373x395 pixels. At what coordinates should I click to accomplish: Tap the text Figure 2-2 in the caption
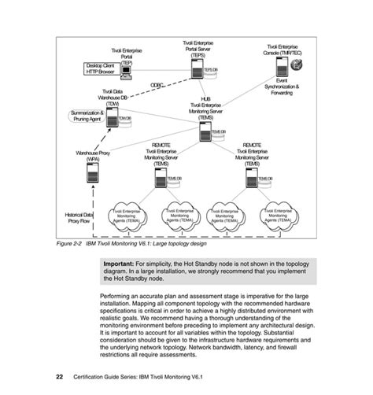click(x=70, y=245)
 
